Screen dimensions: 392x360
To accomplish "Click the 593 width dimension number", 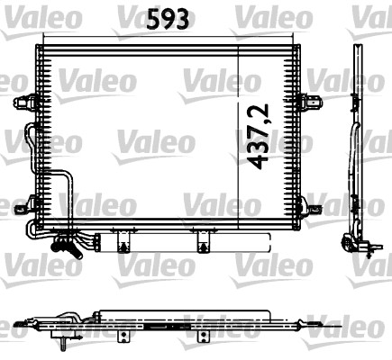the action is (169, 19).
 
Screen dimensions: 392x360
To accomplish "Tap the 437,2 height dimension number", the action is (257, 137).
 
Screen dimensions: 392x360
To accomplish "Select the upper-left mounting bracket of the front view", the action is (25, 102).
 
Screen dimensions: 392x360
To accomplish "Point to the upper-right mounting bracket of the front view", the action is (310, 102).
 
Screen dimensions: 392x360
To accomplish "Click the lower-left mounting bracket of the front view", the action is (26, 204).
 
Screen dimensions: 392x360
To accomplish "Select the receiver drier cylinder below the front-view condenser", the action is (183, 242).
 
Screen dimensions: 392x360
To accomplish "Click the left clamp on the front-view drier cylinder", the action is (123, 242).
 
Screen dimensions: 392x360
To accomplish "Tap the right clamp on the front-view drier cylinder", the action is (204, 242).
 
